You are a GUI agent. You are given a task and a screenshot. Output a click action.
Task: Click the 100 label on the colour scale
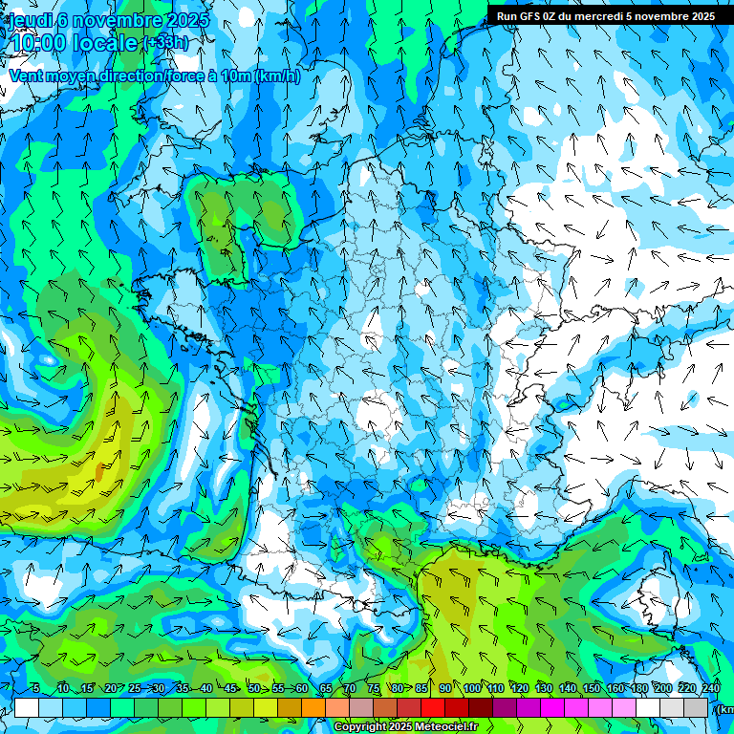[x=472, y=689]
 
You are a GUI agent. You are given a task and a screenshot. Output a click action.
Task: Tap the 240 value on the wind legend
[x=711, y=689]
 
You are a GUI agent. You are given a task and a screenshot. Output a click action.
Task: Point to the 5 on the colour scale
[x=35, y=689]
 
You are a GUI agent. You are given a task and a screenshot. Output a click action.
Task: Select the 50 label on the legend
[x=254, y=689]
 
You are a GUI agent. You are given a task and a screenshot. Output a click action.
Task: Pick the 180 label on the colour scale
[x=638, y=689]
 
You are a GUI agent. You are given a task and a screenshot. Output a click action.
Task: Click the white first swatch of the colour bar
[x=26, y=707]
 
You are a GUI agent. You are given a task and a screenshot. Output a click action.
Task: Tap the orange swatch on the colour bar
[x=313, y=707]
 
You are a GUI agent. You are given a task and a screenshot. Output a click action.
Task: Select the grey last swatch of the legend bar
[x=696, y=707]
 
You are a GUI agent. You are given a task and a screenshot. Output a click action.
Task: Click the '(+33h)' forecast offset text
[x=165, y=43]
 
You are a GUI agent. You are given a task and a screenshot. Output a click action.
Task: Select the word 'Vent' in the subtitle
[x=27, y=76]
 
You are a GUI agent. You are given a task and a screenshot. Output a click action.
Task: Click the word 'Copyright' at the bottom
[x=360, y=727]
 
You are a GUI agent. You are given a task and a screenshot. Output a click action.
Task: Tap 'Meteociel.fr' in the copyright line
[x=446, y=727]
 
